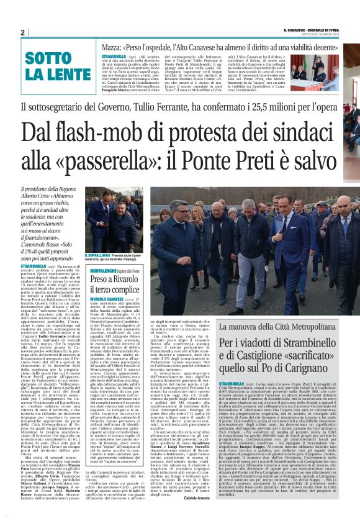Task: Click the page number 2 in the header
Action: point(22,32)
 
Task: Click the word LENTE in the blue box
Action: point(48,73)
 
